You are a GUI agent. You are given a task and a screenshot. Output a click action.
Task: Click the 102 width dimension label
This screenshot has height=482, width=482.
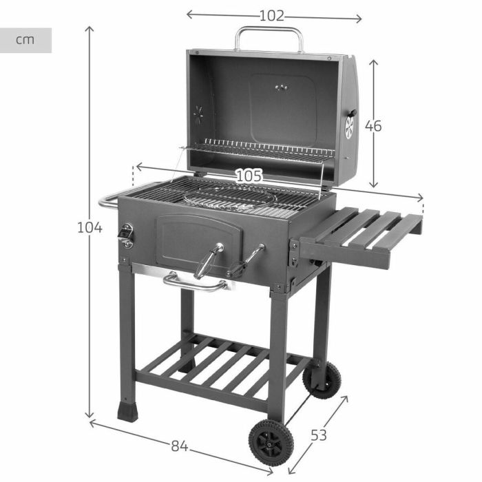272,16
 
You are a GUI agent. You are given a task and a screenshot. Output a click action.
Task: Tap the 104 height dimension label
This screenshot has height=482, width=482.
90,227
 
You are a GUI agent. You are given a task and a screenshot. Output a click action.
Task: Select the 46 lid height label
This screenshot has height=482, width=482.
373,126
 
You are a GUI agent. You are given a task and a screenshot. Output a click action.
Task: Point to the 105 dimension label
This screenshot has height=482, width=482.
249,176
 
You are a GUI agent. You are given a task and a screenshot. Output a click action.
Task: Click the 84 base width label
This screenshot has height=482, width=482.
179,446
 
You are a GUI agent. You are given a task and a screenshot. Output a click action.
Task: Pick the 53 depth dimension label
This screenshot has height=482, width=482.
318,435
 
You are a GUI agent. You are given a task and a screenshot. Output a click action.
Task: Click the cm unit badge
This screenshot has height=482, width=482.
25,40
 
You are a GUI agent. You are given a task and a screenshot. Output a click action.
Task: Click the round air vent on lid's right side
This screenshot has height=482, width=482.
350,126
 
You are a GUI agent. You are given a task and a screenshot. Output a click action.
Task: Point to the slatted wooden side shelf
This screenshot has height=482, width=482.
365,234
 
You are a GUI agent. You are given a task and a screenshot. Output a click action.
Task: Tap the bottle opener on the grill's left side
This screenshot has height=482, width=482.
126,235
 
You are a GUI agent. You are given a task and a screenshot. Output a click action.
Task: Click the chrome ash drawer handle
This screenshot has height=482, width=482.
196,282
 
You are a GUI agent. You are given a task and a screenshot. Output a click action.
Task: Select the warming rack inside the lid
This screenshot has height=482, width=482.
265,149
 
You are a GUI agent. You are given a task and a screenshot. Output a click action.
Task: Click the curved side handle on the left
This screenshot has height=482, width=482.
109,200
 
